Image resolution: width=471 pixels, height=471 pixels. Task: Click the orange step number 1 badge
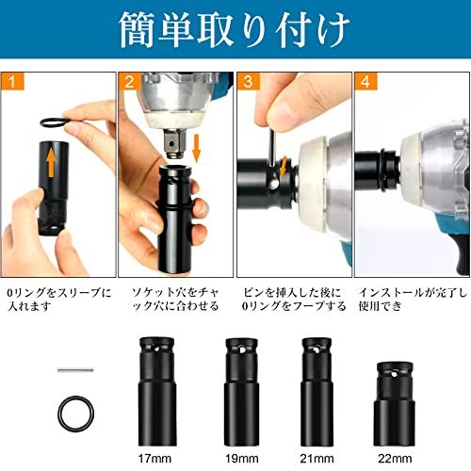(12, 82)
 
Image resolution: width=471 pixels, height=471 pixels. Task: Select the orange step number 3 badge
(247, 82)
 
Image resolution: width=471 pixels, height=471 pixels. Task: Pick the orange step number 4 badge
(364, 82)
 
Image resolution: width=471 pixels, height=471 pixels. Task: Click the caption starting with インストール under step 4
(412, 298)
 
